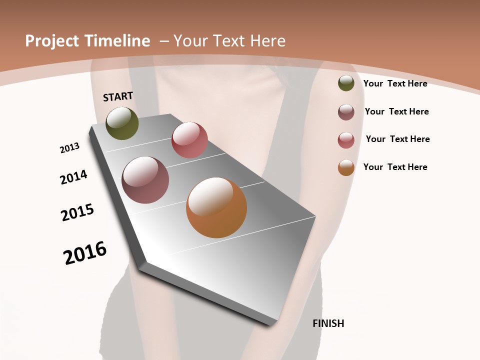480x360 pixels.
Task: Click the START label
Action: click(118, 96)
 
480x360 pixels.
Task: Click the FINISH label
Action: click(328, 323)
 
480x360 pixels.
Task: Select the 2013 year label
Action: click(69, 148)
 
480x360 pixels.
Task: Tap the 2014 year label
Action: click(73, 177)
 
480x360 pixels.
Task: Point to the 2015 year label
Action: click(77, 212)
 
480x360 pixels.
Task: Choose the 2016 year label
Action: click(85, 253)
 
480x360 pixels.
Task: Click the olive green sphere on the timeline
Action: click(122, 123)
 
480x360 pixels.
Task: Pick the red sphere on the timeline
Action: click(189, 140)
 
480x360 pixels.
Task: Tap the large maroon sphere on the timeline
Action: click(145, 180)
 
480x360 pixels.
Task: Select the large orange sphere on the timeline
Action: click(216, 207)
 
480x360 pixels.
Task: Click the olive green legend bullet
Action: click(346, 83)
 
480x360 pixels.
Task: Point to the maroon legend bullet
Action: click(346, 112)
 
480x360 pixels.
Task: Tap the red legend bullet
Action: click(346, 140)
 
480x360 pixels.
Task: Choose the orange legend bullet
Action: click(346, 167)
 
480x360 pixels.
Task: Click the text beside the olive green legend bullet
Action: click(395, 83)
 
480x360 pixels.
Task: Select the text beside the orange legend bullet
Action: click(395, 167)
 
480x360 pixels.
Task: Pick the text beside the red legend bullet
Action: click(397, 139)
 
